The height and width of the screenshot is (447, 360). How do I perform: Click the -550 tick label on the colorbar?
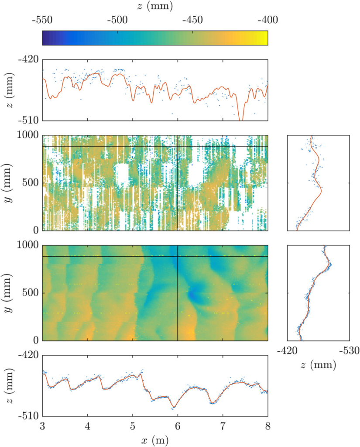[42, 20]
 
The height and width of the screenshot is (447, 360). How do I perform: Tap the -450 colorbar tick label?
[193, 20]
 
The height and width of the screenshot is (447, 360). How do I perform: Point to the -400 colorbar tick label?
[267, 20]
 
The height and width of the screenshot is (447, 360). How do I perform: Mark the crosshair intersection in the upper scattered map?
[178, 146]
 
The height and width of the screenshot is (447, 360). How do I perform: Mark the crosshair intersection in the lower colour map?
[178, 256]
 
